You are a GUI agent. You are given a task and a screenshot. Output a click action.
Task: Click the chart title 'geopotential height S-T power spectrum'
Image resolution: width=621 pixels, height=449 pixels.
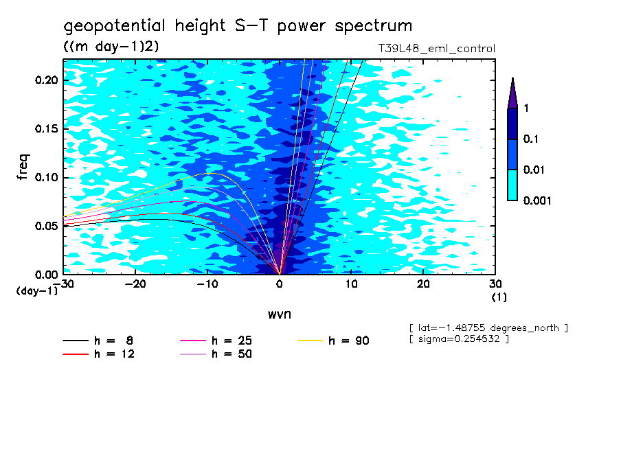[x=238, y=26]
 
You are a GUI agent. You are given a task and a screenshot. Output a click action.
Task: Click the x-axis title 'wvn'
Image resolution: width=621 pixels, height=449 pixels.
[x=278, y=314]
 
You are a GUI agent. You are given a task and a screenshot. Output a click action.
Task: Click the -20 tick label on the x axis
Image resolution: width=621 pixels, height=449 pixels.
[x=135, y=284]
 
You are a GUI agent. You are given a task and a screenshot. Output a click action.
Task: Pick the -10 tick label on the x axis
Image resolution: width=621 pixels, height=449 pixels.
[x=207, y=284]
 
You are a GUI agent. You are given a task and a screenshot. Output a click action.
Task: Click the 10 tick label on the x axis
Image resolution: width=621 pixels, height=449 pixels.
[x=351, y=284]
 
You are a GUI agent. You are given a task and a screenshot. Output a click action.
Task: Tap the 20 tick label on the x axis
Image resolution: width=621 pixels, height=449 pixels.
[x=423, y=284]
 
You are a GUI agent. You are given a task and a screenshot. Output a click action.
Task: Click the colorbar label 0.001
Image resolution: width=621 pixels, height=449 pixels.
[x=537, y=200]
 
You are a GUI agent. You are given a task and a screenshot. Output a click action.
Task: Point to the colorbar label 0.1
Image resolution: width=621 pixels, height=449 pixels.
[x=530, y=139]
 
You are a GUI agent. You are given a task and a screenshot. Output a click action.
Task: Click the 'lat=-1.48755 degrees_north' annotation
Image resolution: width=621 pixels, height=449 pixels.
[x=488, y=328]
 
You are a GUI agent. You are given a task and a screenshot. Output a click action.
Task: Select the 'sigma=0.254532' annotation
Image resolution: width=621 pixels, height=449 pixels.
[x=458, y=339]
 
